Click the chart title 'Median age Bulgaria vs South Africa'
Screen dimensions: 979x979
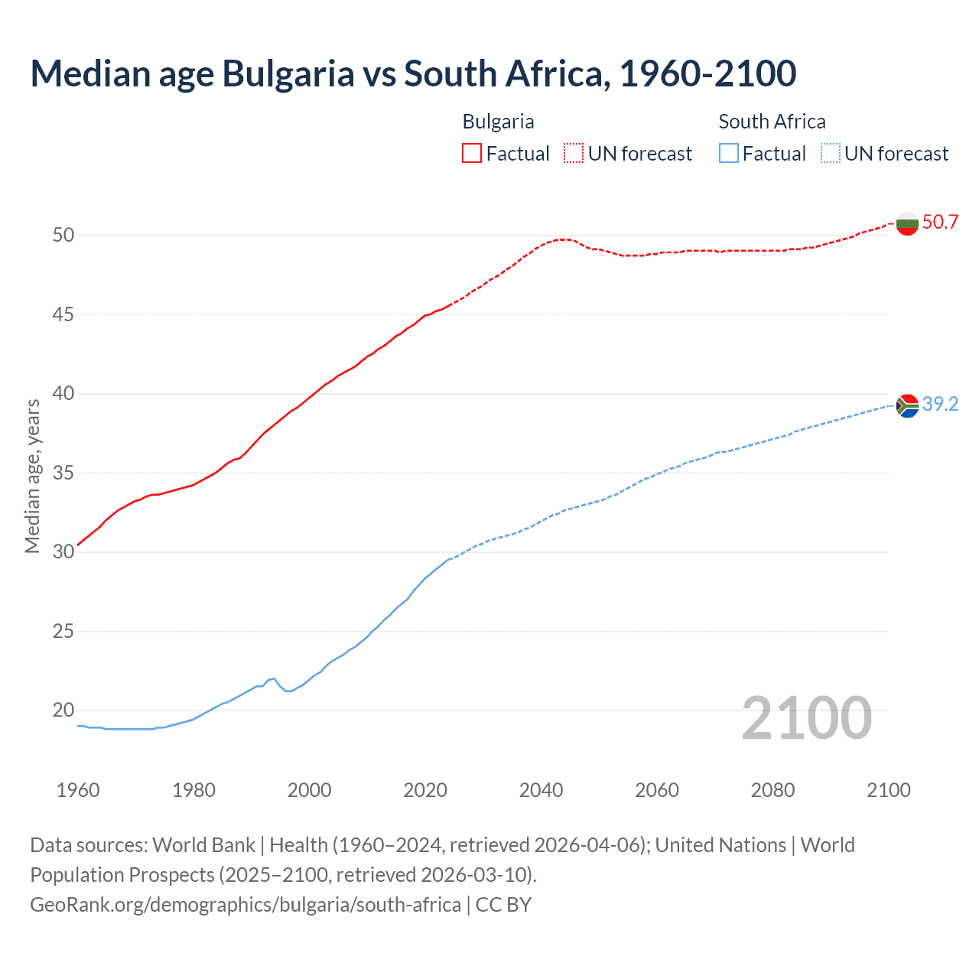pos(413,73)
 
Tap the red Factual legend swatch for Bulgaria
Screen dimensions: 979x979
pos(472,153)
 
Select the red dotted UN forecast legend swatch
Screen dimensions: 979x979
pos(574,153)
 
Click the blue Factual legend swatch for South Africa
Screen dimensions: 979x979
pos(729,153)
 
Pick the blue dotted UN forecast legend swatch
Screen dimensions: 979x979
pos(831,153)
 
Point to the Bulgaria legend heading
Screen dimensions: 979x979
pos(498,122)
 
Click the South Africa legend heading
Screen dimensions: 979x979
pos(772,122)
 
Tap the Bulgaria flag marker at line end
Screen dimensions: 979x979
pos(907,223)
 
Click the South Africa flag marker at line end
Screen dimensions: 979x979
pos(907,405)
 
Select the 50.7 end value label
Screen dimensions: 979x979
pos(940,222)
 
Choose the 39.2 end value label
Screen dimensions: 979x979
pos(940,404)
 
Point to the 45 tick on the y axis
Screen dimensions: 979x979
pos(63,314)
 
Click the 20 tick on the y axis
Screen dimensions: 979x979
pos(63,711)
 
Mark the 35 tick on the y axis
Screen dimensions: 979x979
pos(63,473)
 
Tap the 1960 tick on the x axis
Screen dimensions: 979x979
pos(78,790)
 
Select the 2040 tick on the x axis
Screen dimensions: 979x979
pos(541,790)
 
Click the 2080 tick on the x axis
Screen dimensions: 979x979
pos(772,790)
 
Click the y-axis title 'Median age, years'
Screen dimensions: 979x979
pos(32,476)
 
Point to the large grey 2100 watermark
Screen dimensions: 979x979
pos(806,717)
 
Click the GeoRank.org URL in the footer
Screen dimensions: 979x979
pos(246,905)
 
